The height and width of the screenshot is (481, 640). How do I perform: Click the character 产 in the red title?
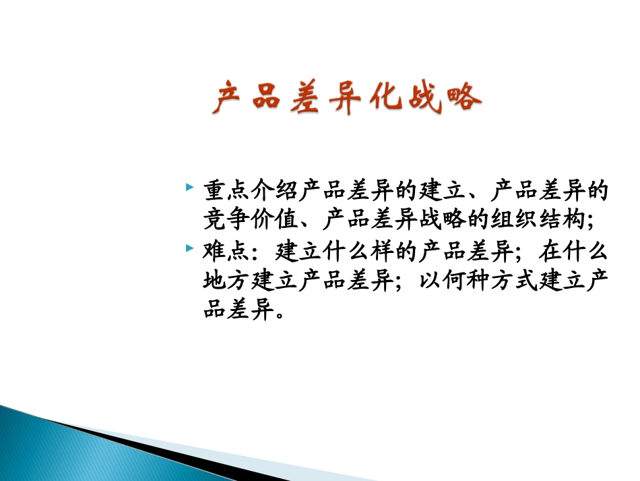point(227,98)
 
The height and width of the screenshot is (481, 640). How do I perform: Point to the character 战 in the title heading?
point(422,98)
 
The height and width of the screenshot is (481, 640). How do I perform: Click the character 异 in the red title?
point(344,98)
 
